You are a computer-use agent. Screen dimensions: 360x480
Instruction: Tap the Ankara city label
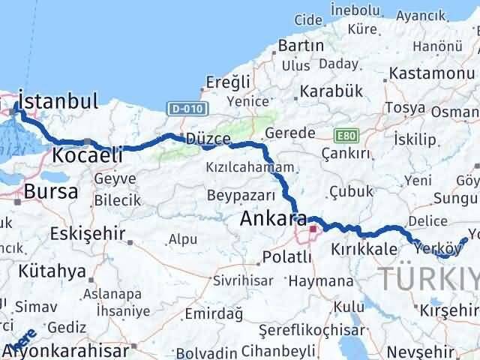(272, 220)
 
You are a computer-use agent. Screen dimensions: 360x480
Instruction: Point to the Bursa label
(51, 191)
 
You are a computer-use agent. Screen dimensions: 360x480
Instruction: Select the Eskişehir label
(87, 233)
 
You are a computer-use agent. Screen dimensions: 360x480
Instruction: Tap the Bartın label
(300, 46)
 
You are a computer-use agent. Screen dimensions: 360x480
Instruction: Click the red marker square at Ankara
(312, 229)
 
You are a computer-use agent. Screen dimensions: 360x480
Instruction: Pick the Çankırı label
(346, 154)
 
